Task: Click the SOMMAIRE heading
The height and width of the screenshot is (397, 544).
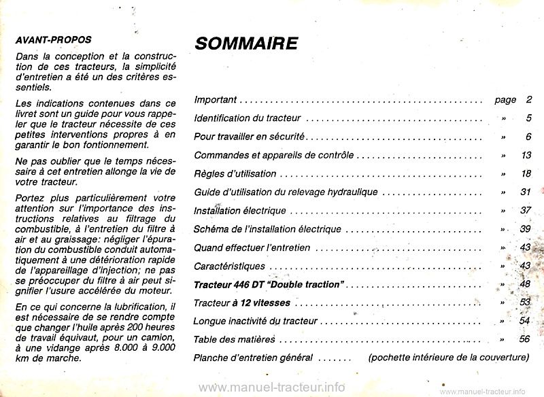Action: point(246,44)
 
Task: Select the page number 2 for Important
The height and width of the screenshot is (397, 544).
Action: point(528,100)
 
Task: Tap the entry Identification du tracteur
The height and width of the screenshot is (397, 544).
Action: point(248,118)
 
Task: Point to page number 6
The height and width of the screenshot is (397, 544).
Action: point(528,137)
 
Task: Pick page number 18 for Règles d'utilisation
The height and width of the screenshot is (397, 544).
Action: point(525,174)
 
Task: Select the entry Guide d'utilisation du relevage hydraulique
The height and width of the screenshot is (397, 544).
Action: point(286,192)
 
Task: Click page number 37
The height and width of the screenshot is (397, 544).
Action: point(525,211)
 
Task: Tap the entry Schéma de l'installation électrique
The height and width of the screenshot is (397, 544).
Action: point(267,229)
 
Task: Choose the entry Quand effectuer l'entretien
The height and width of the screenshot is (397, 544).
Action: point(252,247)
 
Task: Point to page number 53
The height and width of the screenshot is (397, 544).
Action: point(524,302)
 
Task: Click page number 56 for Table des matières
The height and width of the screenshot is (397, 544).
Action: point(524,339)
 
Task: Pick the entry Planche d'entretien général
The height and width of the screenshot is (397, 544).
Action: point(253,358)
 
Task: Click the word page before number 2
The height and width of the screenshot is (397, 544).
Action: point(505,100)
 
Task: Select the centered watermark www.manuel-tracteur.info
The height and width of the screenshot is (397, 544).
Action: point(272,387)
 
